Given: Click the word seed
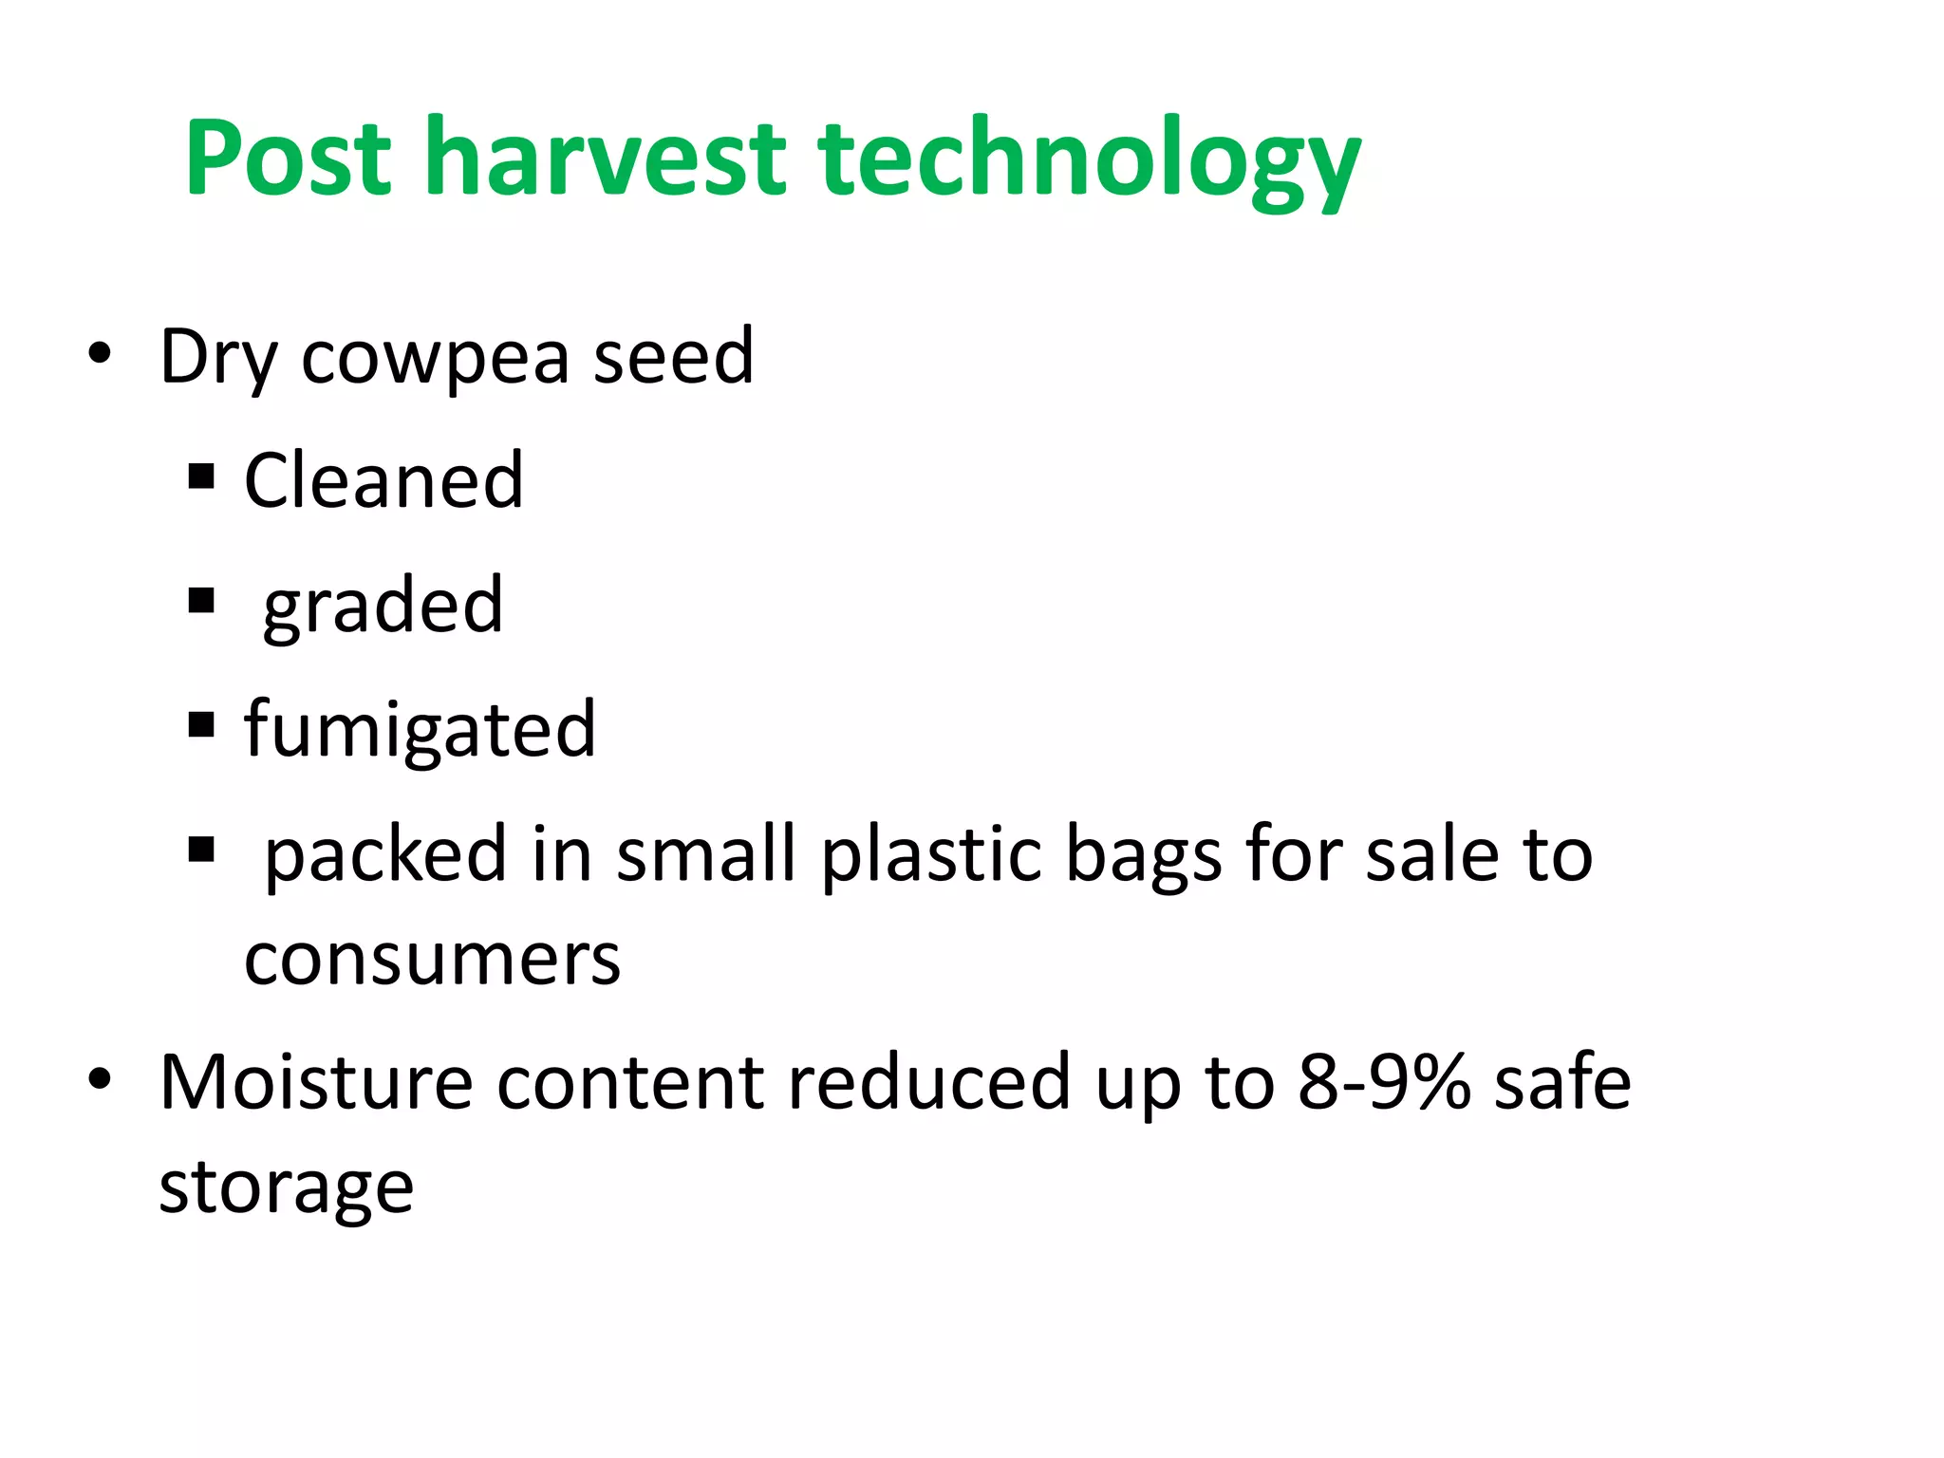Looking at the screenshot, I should point(673,356).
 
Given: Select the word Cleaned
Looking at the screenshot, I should point(383,480).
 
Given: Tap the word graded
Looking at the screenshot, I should point(383,607).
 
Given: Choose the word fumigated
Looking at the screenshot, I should point(420,730).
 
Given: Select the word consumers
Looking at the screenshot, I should point(432,960).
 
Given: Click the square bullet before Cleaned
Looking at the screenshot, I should point(201,476).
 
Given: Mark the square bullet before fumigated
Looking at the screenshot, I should point(201,725).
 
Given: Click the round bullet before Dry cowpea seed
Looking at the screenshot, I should point(100,355).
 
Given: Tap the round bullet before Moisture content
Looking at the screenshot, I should point(100,1079).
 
